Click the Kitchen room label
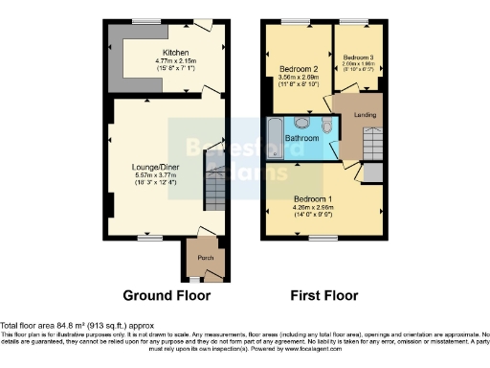[x=175, y=53]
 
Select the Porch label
[x=205, y=259]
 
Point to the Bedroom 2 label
[x=298, y=70]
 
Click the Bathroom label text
[x=301, y=140]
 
